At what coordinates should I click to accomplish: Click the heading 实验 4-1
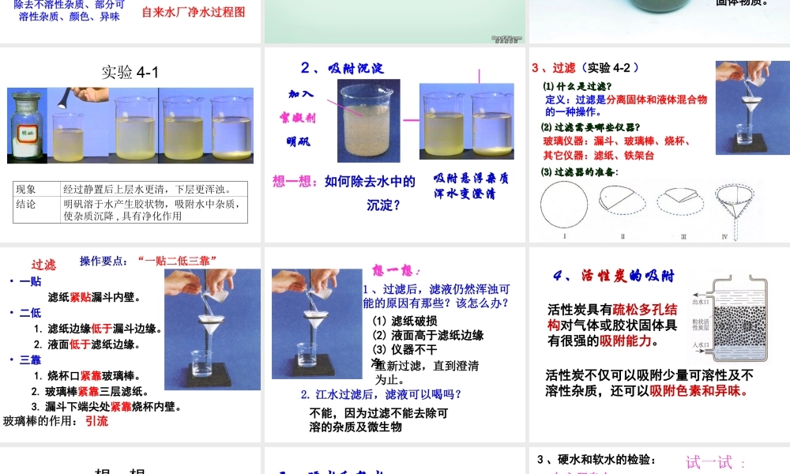coord(130,73)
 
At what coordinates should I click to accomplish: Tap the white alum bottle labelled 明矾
coord(28,126)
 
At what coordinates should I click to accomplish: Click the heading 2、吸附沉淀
coord(342,69)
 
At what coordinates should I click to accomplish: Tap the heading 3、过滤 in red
coord(554,68)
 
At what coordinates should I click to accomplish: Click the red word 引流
coord(96,421)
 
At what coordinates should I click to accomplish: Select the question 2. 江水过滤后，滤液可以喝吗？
coord(381,394)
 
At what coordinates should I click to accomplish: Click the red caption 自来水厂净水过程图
coord(194,12)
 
